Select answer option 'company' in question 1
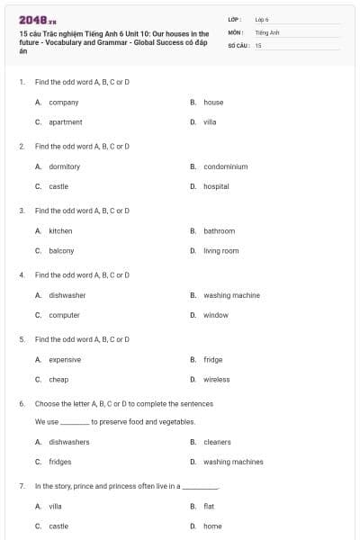(x=63, y=103)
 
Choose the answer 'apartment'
(x=65, y=122)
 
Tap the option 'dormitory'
(x=64, y=166)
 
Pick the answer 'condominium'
(x=225, y=166)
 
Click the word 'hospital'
(x=216, y=186)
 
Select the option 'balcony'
(x=61, y=251)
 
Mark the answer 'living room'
(x=220, y=251)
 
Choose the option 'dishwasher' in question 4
(x=67, y=295)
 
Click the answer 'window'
(x=215, y=315)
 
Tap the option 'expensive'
(x=65, y=360)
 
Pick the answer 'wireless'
(x=216, y=380)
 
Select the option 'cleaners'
(x=217, y=442)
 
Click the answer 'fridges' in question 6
(x=59, y=462)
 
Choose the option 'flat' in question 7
(x=209, y=506)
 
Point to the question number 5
(x=22, y=339)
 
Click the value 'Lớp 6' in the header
(x=262, y=19)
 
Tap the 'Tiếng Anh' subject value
(x=267, y=31)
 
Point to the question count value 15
(x=258, y=44)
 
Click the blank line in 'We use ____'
(x=75, y=422)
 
